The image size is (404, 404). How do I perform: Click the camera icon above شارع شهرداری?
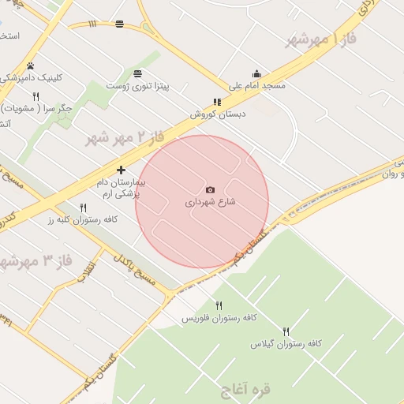pyautogui.click(x=210, y=189)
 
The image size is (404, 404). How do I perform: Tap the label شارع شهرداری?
pyautogui.click(x=211, y=202)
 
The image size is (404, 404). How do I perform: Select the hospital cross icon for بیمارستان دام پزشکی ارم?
pyautogui.click(x=121, y=170)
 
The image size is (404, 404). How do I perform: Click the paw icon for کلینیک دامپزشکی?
pyautogui.click(x=30, y=66)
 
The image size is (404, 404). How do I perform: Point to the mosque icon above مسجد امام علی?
pyautogui.click(x=256, y=73)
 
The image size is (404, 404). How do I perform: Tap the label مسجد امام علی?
pyautogui.click(x=257, y=85)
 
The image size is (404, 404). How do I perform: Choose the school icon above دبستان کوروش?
pyautogui.click(x=217, y=102)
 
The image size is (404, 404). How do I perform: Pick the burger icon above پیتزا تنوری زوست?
pyautogui.click(x=138, y=73)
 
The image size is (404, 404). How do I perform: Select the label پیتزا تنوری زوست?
pyautogui.click(x=138, y=85)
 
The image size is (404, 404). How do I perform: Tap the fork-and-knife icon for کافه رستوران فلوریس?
pyautogui.click(x=219, y=305)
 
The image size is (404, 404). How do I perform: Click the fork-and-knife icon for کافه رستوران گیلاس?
pyautogui.click(x=286, y=331)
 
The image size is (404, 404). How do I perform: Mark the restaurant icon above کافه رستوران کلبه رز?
pyautogui.click(x=83, y=207)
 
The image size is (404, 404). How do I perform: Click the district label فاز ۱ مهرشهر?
pyautogui.click(x=322, y=40)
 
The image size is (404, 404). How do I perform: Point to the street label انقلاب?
pyautogui.click(x=84, y=267)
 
